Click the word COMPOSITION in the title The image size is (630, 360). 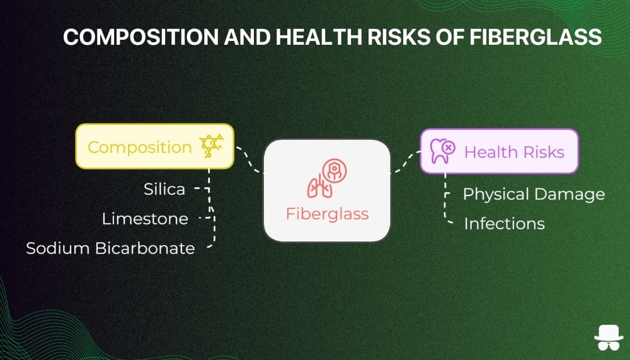pyautogui.click(x=140, y=37)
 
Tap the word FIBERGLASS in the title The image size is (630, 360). pyautogui.click(x=535, y=37)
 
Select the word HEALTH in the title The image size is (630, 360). pyautogui.click(x=319, y=37)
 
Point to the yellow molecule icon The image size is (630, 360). pyautogui.click(x=211, y=146)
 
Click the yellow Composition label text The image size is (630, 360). pyautogui.click(x=140, y=148)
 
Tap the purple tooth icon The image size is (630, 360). pyautogui.click(x=442, y=151)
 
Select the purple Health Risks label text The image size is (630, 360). pyautogui.click(x=514, y=153)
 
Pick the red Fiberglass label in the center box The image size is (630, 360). pyautogui.click(x=327, y=214)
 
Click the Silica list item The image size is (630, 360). pyautogui.click(x=164, y=189)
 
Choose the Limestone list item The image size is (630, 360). pyautogui.click(x=145, y=219)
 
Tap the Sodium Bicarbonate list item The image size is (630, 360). pyautogui.click(x=110, y=248)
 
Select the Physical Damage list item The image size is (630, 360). pyautogui.click(x=534, y=195)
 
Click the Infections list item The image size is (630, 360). pyautogui.click(x=504, y=224)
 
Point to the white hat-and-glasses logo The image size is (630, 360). pyautogui.click(x=609, y=338)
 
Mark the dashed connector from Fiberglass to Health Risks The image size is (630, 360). pyautogui.click(x=405, y=162)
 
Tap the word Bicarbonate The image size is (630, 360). pyautogui.click(x=145, y=248)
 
